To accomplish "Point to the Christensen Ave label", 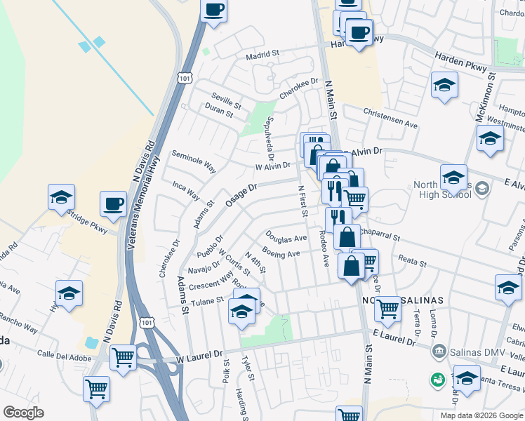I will (390, 118).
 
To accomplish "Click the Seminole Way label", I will (194, 161).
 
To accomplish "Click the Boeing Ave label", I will (281, 253).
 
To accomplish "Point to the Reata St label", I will (413, 262).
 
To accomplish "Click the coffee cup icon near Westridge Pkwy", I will (112, 204).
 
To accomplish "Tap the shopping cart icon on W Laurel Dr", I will (123, 357).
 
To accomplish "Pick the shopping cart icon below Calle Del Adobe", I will (96, 388).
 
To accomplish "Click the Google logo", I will (23, 413).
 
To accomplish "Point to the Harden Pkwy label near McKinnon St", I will (460, 62).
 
